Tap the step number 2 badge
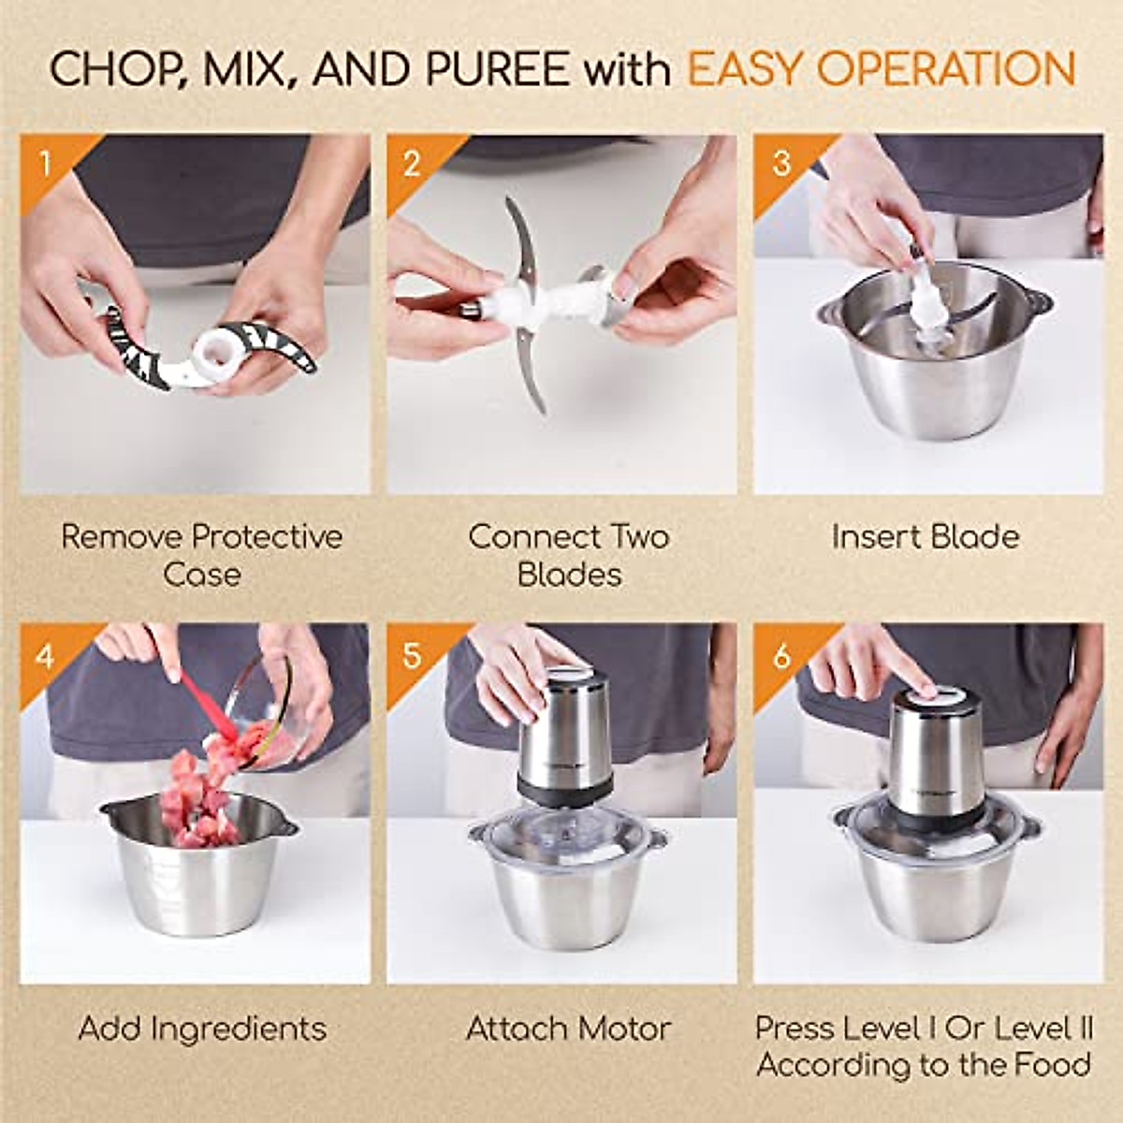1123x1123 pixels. click(412, 165)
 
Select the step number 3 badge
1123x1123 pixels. click(781, 164)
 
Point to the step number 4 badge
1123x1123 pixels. click(45, 656)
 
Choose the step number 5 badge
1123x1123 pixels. click(412, 656)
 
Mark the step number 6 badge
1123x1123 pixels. click(781, 656)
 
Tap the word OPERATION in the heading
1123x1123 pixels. click(945, 71)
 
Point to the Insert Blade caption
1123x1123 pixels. click(925, 537)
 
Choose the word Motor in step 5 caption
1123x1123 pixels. click(624, 1028)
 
